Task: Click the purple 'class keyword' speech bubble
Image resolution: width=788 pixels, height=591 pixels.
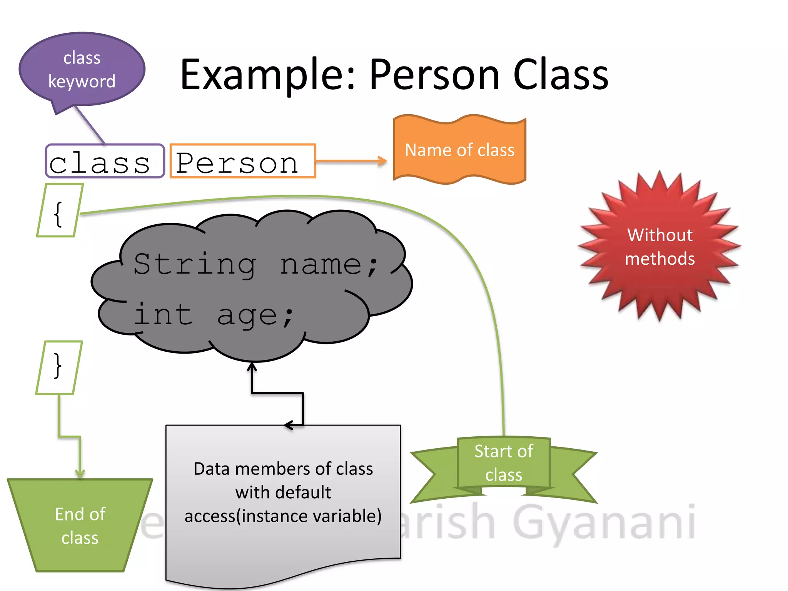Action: (82, 70)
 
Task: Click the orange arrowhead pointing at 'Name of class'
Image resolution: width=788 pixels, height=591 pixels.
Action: (382, 161)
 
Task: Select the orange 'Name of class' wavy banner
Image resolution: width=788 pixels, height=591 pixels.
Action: (459, 150)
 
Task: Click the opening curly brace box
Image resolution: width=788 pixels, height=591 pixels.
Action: (59, 211)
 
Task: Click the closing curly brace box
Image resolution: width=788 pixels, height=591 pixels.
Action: (58, 367)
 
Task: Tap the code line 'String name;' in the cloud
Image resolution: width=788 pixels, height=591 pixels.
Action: (255, 264)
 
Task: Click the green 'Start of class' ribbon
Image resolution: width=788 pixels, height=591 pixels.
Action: (503, 463)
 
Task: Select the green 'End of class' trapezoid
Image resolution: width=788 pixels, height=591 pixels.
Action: (80, 526)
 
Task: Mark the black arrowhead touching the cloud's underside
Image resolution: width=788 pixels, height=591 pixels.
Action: (252, 366)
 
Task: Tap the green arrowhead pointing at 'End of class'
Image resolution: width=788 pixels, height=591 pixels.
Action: (80, 474)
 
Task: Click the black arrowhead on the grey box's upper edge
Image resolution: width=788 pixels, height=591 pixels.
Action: (289, 425)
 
